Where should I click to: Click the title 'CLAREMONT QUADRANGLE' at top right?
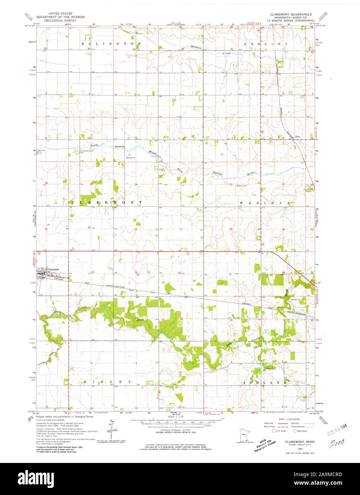coord(290,14)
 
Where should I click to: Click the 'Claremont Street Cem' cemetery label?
coord(87,151)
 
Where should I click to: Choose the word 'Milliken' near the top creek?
coord(196,47)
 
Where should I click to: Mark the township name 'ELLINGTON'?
coord(111,43)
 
